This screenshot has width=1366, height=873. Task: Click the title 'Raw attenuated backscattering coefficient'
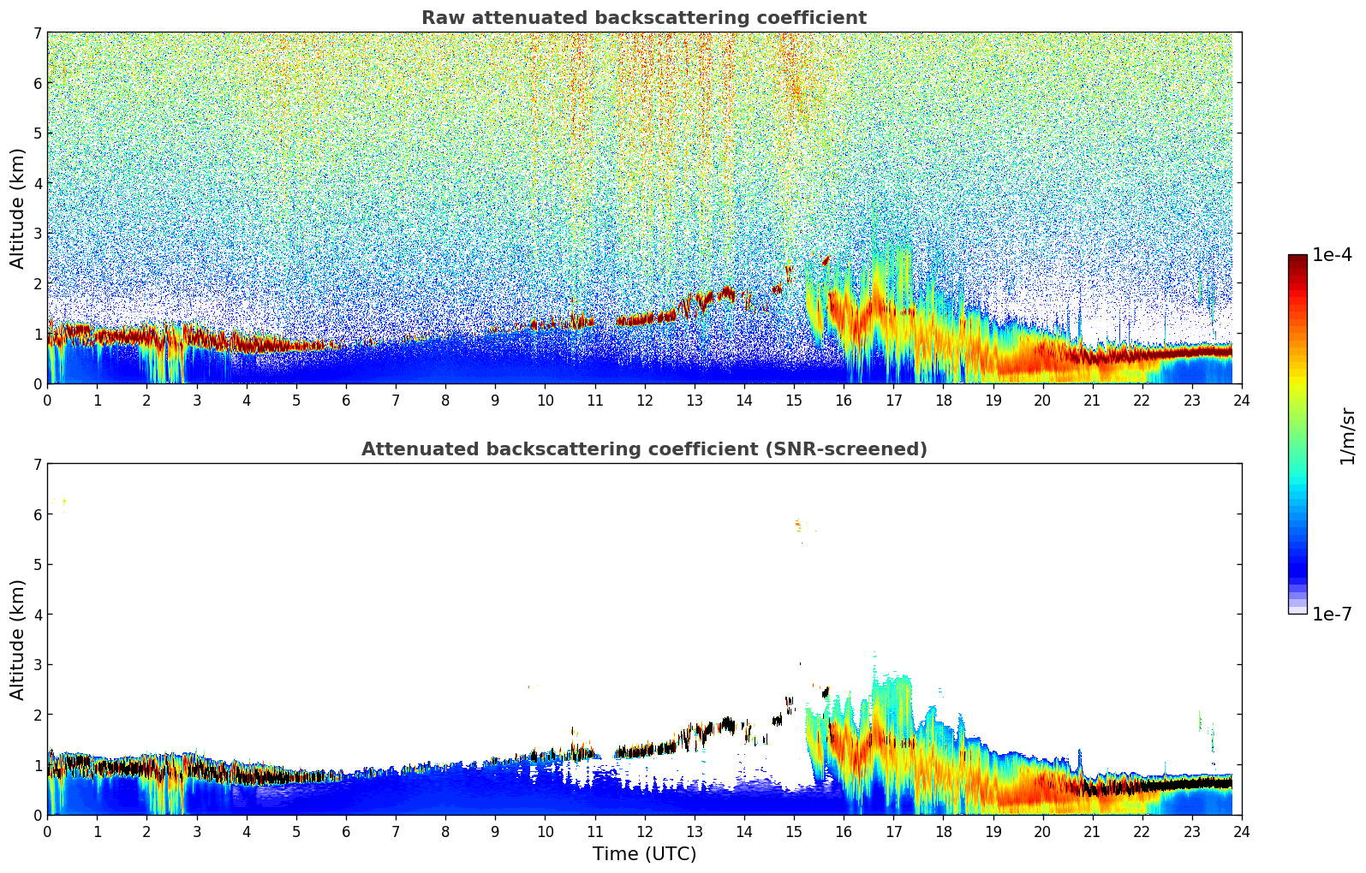click(x=643, y=18)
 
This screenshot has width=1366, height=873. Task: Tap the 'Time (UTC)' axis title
click(x=644, y=854)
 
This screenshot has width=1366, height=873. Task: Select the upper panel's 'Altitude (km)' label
click(x=17, y=208)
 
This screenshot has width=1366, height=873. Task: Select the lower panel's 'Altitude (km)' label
click(x=17, y=639)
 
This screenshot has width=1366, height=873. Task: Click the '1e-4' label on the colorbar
click(x=1332, y=255)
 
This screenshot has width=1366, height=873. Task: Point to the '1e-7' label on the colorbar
click(x=1332, y=614)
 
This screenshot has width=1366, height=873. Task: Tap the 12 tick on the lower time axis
click(x=644, y=831)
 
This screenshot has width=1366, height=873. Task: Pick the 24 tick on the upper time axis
click(x=1241, y=400)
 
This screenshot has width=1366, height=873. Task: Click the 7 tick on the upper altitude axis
click(x=37, y=33)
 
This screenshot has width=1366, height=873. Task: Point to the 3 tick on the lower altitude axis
click(x=37, y=665)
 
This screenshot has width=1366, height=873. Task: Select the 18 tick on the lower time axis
click(x=943, y=831)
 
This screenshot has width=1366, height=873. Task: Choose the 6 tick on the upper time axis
click(x=346, y=400)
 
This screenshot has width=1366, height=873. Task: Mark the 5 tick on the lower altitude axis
click(x=37, y=565)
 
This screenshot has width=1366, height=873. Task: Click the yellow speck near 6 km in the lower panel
click(x=63, y=502)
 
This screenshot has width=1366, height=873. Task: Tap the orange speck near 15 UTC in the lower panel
click(x=798, y=524)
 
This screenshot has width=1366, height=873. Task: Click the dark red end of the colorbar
click(x=1297, y=258)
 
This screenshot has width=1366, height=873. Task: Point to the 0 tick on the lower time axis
click(x=47, y=831)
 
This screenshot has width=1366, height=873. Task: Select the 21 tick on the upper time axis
click(x=1092, y=400)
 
